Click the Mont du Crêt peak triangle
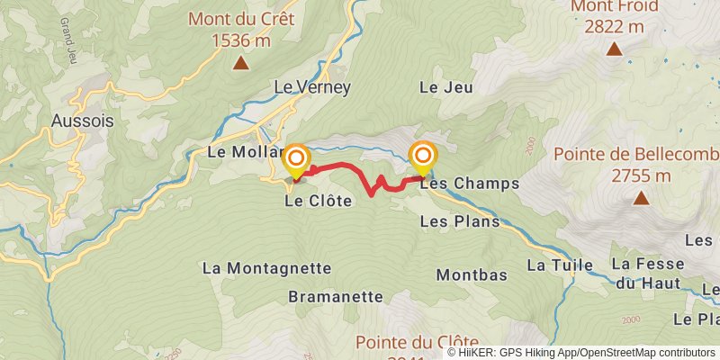pyautogui.click(x=241, y=63)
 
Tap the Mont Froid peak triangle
pyautogui.click(x=614, y=49)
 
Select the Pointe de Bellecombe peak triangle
pyautogui.click(x=640, y=198)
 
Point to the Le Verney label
pyautogui.click(x=311, y=87)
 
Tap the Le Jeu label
pyautogui.click(x=440, y=87)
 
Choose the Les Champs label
pyautogui.click(x=469, y=183)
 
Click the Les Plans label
pyautogui.click(x=459, y=220)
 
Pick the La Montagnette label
pyautogui.click(x=266, y=268)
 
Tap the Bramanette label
pyautogui.click(x=336, y=296)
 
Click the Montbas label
pyautogui.click(x=472, y=274)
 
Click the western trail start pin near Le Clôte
pyautogui.click(x=295, y=160)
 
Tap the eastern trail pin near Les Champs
pyautogui.click(x=422, y=157)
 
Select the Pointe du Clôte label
pyautogui.click(x=416, y=342)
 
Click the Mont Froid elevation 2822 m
pyautogui.click(x=614, y=26)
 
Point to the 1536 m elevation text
pyautogui.click(x=241, y=40)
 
